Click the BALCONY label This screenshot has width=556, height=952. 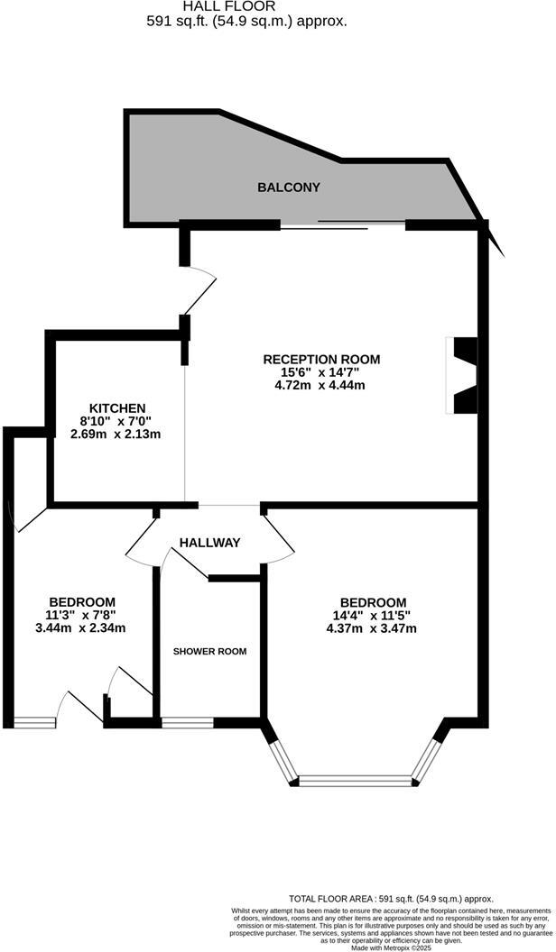(289, 188)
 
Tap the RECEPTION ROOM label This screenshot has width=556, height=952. (321, 359)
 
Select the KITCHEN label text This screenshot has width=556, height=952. (112, 407)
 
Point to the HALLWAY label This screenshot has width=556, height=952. (209, 542)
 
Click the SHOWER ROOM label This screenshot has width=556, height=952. (209, 651)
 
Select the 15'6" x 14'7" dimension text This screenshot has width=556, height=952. (321, 372)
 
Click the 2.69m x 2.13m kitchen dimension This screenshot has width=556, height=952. (116, 434)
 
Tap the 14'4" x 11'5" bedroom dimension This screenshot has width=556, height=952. (373, 616)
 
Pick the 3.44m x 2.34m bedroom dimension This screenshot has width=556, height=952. (80, 628)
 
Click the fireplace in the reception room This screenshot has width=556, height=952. (462, 375)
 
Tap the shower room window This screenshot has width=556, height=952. (188, 721)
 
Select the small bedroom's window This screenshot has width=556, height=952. (34, 721)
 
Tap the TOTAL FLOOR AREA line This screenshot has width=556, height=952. (391, 898)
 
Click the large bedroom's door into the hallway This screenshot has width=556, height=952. (280, 538)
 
